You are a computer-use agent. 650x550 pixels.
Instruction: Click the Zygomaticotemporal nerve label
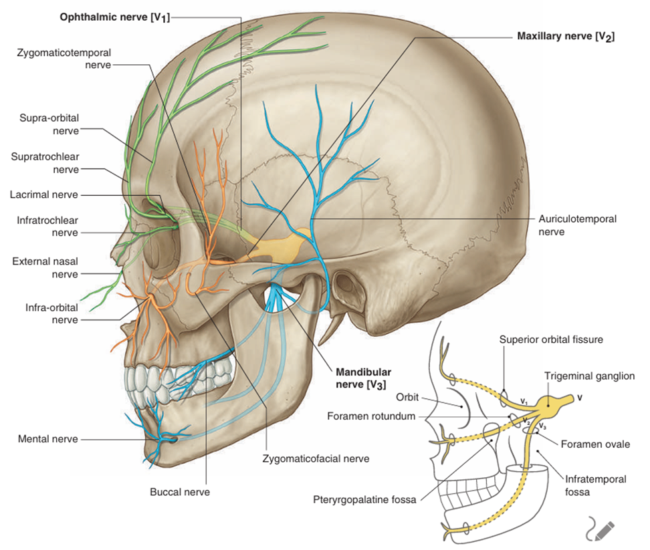[64, 58]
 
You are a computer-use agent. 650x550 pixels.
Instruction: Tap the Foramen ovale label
[595, 444]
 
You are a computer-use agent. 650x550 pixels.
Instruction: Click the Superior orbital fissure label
[551, 339]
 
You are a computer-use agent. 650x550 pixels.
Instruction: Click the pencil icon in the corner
[599, 529]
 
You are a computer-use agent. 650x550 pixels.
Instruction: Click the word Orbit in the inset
[406, 397]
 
